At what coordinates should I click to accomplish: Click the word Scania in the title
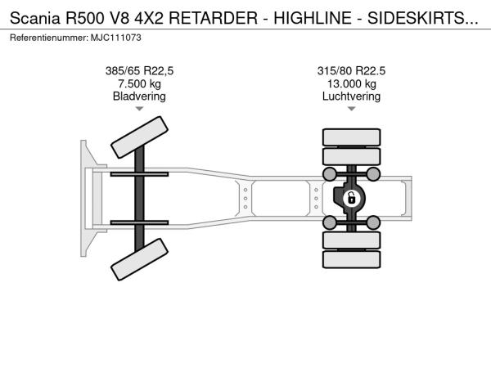(34, 18)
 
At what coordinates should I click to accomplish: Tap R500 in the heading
(84, 18)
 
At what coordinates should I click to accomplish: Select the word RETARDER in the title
(214, 18)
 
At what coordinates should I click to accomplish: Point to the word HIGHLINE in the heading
(313, 18)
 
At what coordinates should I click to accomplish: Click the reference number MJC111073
(116, 38)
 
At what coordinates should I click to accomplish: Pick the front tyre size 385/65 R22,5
(139, 70)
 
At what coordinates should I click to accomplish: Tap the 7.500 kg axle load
(139, 83)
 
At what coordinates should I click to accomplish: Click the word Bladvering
(139, 96)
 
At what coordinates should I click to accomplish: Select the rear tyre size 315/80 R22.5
(351, 70)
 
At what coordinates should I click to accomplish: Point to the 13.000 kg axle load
(351, 83)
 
